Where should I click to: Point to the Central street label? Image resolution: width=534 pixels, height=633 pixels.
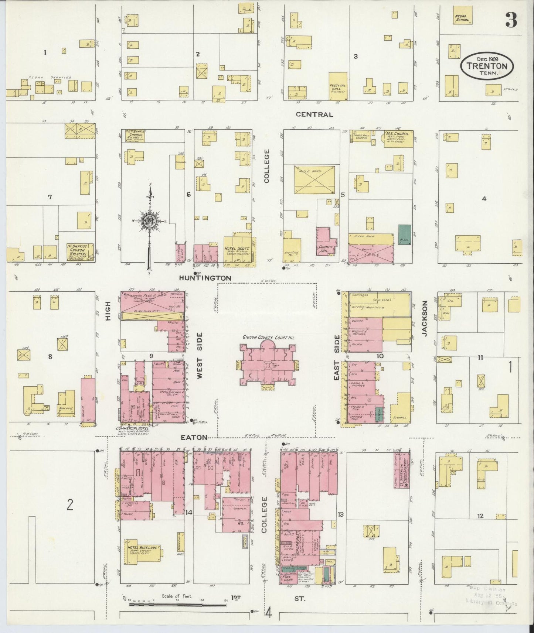pyautogui.click(x=314, y=114)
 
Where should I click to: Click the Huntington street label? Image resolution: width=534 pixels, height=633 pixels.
pyautogui.click(x=205, y=278)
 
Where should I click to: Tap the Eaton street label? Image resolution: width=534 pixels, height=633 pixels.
pyautogui.click(x=194, y=437)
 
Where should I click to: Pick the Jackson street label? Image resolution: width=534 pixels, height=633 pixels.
pyautogui.click(x=424, y=318)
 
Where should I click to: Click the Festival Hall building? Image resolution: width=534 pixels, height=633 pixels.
pyautogui.click(x=338, y=86)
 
